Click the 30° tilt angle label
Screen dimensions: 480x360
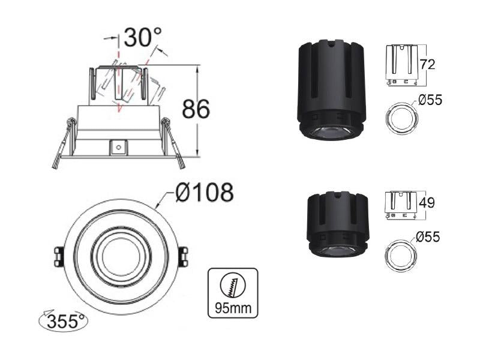pos(143,37)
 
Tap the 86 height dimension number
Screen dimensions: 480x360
pos(196,109)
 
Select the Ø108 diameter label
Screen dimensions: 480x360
pos(205,192)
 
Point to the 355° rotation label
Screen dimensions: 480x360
pos(65,322)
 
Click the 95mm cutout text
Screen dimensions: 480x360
pos(233,307)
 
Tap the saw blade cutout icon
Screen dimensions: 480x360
pos(233,286)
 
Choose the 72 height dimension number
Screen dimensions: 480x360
pos(427,64)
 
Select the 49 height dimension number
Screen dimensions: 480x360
pos(427,203)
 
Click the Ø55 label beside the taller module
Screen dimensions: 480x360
pos(430,100)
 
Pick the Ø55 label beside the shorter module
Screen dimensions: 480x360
pos(428,236)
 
